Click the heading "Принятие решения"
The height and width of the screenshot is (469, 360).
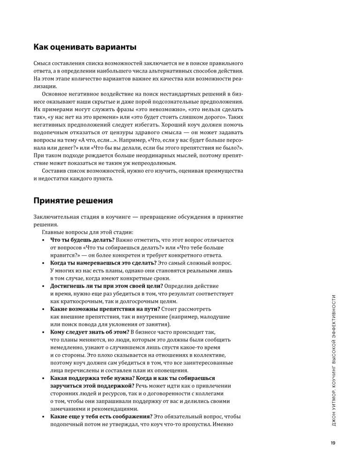[x=73, y=201]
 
